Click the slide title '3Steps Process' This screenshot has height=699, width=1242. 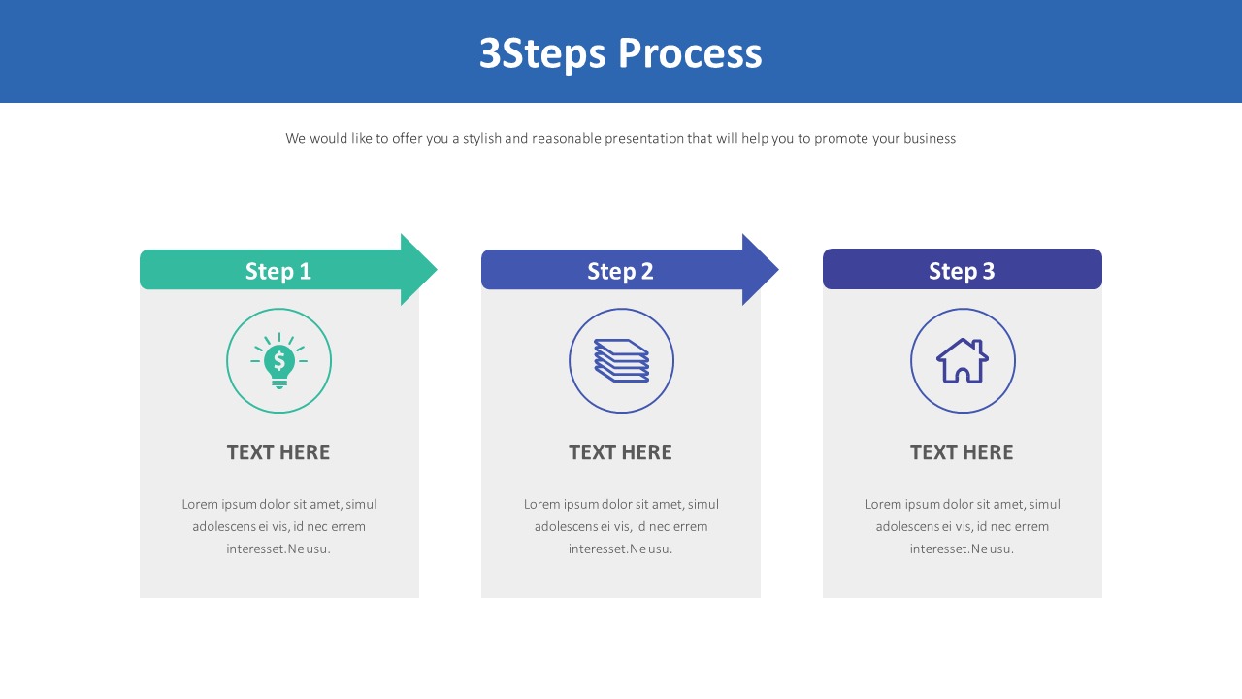click(x=620, y=53)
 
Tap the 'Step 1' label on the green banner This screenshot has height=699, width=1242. click(x=278, y=271)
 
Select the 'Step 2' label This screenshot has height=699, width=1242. click(x=620, y=271)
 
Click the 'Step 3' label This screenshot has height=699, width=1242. click(x=962, y=271)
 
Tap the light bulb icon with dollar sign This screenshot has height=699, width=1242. click(x=279, y=361)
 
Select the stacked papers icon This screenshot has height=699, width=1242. click(x=621, y=361)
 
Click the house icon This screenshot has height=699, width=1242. click(x=963, y=361)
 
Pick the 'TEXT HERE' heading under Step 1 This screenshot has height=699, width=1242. click(x=278, y=452)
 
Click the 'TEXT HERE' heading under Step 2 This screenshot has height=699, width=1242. click(x=620, y=452)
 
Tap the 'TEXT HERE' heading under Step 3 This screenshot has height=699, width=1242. click(x=962, y=452)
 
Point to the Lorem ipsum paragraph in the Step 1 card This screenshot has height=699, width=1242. click(x=279, y=526)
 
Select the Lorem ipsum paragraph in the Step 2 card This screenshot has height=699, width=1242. click(x=621, y=526)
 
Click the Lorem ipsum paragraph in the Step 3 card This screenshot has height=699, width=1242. click(x=963, y=526)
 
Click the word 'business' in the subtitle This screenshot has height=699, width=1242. click(x=930, y=138)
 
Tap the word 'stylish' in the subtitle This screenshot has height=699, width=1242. click(x=481, y=138)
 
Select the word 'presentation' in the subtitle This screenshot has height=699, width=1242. click(x=644, y=138)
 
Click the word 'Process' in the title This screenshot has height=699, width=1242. click(x=690, y=53)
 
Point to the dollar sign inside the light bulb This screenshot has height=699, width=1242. click(x=279, y=361)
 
